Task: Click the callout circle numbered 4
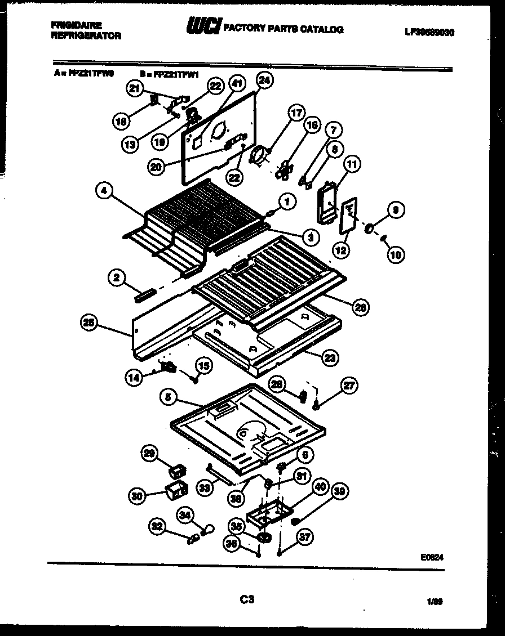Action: (103, 191)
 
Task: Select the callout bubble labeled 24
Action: (265, 80)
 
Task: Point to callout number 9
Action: (395, 211)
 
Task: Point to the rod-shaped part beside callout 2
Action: (145, 295)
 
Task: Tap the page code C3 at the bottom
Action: (246, 600)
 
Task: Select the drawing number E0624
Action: (432, 558)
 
